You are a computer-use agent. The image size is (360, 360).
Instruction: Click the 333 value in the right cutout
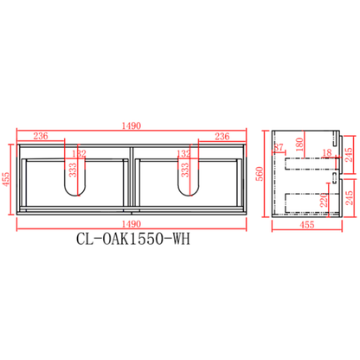click(x=185, y=169)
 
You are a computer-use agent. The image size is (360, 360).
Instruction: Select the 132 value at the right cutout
click(x=184, y=153)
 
